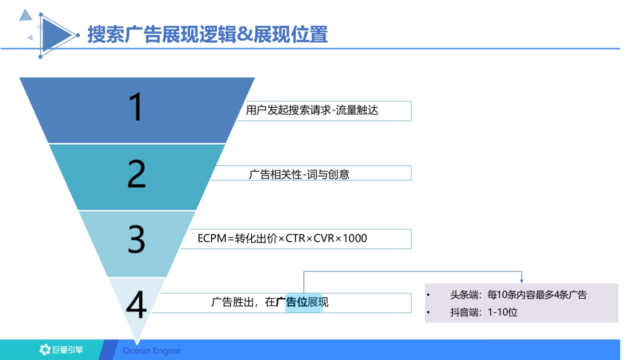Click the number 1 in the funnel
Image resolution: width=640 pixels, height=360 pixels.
(x=137, y=108)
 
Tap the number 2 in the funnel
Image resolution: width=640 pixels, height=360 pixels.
(x=137, y=174)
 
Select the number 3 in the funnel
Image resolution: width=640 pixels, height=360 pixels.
(x=137, y=239)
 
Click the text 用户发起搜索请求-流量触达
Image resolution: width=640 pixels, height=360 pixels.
(x=312, y=111)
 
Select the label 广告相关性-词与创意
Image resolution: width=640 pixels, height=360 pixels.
(x=299, y=174)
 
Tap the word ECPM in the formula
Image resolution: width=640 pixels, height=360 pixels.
(x=212, y=238)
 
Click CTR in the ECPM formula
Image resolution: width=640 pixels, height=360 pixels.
(x=295, y=238)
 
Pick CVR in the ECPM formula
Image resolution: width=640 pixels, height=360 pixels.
(x=324, y=238)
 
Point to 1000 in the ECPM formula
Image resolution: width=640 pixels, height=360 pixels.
(x=354, y=238)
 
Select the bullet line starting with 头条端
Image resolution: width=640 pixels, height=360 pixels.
(x=518, y=295)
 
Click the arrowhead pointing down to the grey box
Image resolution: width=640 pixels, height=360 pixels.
(x=521, y=280)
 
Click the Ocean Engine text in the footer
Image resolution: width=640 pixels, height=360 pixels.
(x=152, y=351)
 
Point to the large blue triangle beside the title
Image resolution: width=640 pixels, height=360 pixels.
(x=55, y=35)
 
